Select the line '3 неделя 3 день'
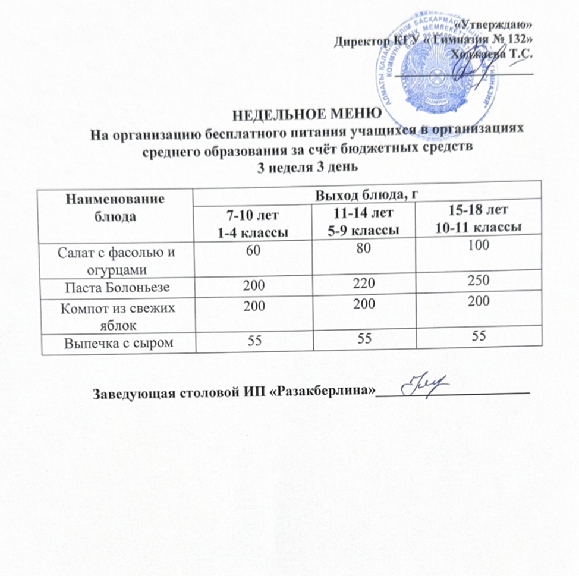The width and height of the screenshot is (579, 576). pyautogui.click(x=307, y=165)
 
